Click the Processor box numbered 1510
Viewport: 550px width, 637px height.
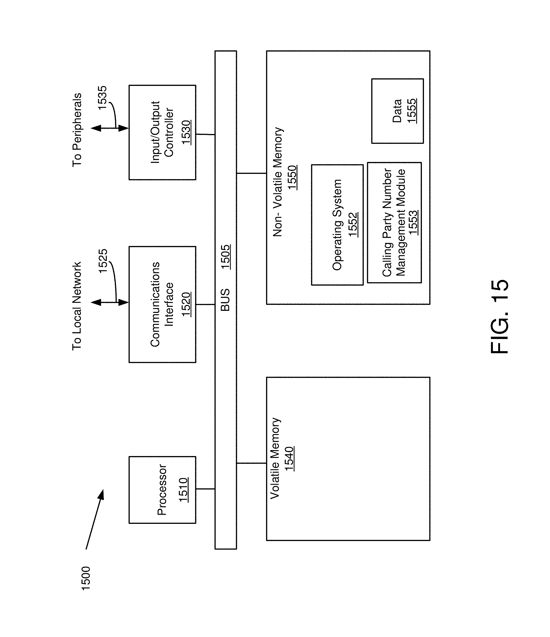tap(162, 490)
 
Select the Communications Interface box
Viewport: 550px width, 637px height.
tap(162, 304)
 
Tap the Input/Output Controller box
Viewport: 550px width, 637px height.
tap(162, 132)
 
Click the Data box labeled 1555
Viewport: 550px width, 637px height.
tap(397, 111)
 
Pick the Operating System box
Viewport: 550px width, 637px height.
tap(337, 225)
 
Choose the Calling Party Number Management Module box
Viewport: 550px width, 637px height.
tap(394, 223)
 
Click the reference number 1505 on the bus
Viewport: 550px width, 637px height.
tap(225, 257)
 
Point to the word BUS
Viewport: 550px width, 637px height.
tap(225, 300)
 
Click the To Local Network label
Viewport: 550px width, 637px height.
tap(77, 306)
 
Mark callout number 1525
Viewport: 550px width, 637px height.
tap(103, 260)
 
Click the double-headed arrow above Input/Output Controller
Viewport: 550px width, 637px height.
tap(110, 128)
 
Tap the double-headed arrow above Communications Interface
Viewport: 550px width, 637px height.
tap(110, 303)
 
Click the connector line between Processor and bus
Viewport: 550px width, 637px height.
tap(205, 489)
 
